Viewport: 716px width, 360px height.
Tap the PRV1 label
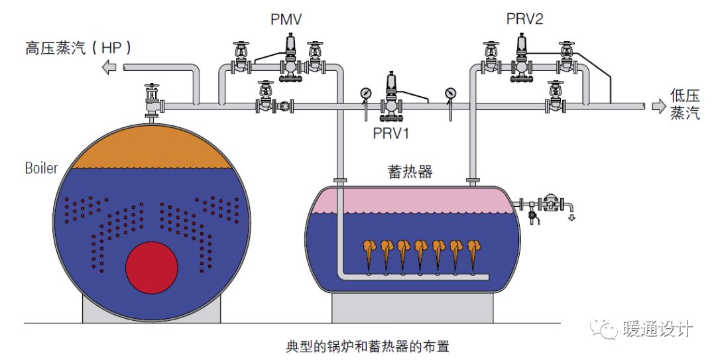[392, 133]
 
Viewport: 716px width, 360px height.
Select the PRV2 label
[524, 18]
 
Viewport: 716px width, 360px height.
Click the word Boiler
[41, 168]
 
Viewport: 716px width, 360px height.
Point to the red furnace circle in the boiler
[152, 268]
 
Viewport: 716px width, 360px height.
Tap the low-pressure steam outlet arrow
[658, 106]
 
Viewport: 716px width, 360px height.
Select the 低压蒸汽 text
[685, 106]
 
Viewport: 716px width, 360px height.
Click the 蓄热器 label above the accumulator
[410, 172]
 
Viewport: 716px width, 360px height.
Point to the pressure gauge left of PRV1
[366, 93]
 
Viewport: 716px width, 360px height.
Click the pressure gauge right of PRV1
[451, 93]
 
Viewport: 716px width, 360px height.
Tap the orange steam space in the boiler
[152, 149]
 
